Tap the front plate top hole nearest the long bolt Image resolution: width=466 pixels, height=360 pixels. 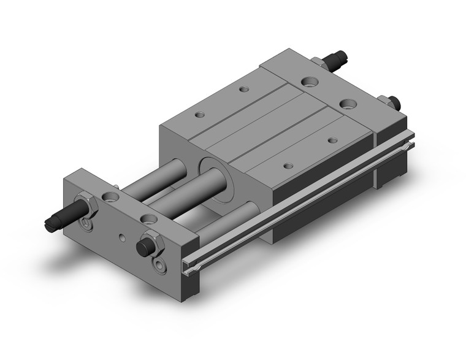(111, 197)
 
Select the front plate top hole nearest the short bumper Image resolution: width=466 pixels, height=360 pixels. (147, 218)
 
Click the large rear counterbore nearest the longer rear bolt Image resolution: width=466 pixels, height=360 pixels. (309, 80)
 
